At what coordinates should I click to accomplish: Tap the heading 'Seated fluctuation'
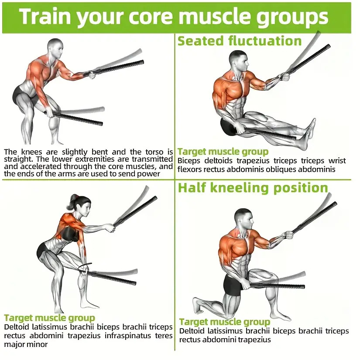coord(240,41)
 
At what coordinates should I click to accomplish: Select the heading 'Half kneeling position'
coord(253,188)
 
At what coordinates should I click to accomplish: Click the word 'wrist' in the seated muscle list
coord(337,160)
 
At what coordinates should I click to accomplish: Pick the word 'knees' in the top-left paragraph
coord(32,152)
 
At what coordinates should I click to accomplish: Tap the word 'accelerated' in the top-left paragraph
coord(38,166)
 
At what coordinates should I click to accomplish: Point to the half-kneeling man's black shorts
coord(233,285)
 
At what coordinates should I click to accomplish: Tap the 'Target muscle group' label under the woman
coord(49,318)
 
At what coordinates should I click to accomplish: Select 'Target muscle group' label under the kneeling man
coord(225,322)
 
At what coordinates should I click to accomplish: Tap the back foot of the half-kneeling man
coord(199,305)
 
